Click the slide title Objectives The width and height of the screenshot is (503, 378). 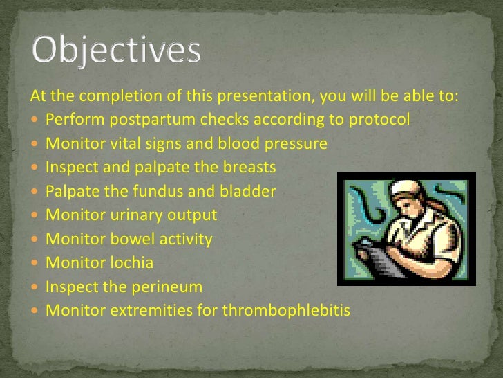pos(116,51)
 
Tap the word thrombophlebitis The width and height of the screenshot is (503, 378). pos(286,310)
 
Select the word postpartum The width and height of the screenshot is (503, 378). pos(153,120)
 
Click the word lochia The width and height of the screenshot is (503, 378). pos(131,262)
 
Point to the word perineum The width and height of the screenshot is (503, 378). pos(167,287)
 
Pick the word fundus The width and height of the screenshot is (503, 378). pos(158,191)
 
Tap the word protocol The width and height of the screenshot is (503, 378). pos(379,120)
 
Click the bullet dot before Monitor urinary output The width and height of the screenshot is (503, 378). pos(35,215)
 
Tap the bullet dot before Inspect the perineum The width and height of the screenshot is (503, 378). pos(35,287)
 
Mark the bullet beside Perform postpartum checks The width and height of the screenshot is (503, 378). pos(35,120)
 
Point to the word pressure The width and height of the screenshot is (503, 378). pos(296,144)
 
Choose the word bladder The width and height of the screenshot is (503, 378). pos(247,191)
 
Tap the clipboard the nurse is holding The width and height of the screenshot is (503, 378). pos(379,257)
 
